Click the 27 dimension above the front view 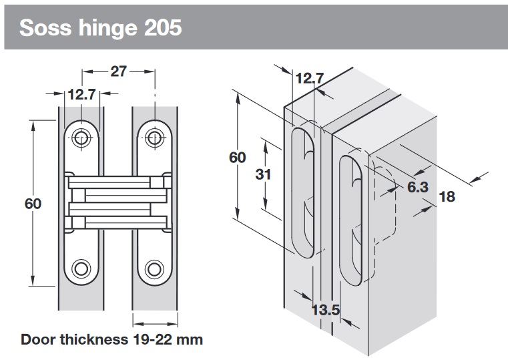pyautogui.click(x=118, y=72)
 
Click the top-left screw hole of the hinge pyautogui.click(x=81, y=138)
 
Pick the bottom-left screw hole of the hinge pyautogui.click(x=81, y=268)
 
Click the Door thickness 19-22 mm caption pyautogui.click(x=111, y=339)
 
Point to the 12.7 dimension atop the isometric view pyautogui.click(x=308, y=79)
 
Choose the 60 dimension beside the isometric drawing pyautogui.click(x=237, y=158)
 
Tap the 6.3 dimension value pyautogui.click(x=417, y=187)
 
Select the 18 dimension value pyautogui.click(x=447, y=196)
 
